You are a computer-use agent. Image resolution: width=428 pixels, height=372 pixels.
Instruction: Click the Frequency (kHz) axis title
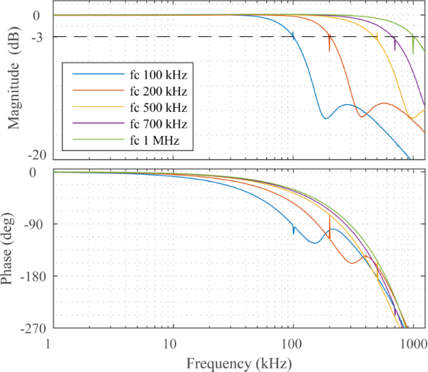point(238,363)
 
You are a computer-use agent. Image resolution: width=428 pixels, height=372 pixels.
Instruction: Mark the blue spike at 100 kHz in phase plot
point(293,229)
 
